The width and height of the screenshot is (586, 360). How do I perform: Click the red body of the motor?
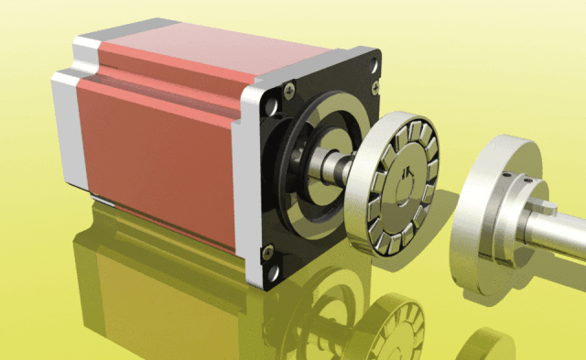(156, 137)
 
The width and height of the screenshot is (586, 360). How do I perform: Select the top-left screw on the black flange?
(289, 89)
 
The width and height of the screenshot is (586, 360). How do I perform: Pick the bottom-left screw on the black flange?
(267, 249)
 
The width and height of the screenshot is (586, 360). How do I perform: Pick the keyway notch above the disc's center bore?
(406, 170)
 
